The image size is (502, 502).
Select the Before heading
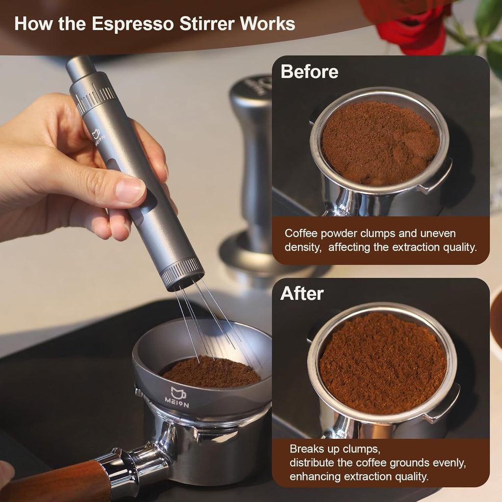tap(309, 72)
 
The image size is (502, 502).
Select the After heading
tap(302, 294)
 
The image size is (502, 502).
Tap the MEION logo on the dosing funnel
tap(179, 397)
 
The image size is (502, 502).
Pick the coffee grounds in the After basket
tap(382, 363)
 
